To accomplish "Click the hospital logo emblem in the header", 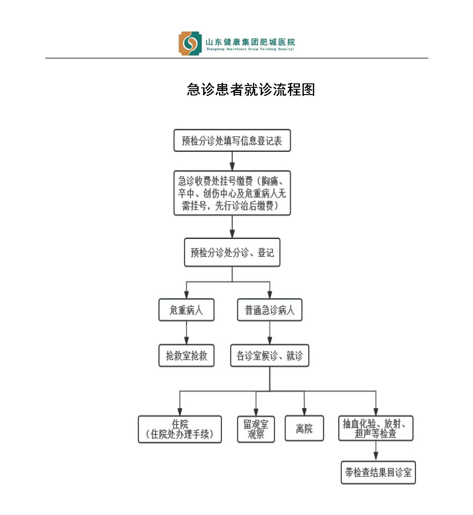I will point(190,44).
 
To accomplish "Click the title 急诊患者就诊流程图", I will point(251,89).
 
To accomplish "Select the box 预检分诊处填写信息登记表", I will point(232,141).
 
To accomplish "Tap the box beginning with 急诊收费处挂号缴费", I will point(232,193).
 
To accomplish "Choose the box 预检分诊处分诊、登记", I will point(232,252).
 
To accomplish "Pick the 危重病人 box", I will point(186,310).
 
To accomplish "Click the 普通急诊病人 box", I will point(269,310).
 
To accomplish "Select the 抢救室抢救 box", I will point(186,356).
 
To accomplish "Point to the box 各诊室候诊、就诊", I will point(269,356).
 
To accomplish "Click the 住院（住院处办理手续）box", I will point(180,429).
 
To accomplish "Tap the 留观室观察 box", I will point(256,429).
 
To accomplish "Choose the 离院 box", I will point(304,429).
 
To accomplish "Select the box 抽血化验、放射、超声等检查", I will point(376,428).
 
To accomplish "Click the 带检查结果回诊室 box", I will point(378,473).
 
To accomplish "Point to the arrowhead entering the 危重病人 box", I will point(186,295).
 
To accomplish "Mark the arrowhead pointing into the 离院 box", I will point(304,412).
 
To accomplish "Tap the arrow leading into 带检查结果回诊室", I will point(376,452).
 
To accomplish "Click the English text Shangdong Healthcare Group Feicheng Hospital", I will point(250,49).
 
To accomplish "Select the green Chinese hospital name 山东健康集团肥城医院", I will point(250,42).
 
